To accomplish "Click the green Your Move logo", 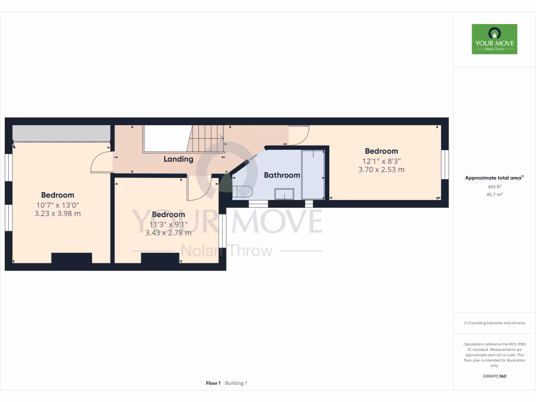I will tap(494, 39).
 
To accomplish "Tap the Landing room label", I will tap(178, 159).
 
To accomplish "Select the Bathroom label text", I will tap(282, 175).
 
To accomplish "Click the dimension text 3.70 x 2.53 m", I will tap(381, 170).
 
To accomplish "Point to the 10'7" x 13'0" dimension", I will tap(58, 205).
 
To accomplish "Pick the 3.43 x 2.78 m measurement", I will tap(168, 232).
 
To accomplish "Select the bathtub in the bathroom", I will tap(313, 174).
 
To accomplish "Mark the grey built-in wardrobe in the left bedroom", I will tap(61, 133).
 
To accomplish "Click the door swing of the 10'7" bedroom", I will tap(101, 163).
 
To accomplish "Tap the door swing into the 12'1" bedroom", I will tap(298, 136).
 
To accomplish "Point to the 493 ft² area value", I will tap(494, 187).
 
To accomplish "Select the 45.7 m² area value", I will tap(494, 194).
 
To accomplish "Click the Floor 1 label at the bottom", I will tap(213, 383).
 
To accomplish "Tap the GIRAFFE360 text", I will tap(494, 376).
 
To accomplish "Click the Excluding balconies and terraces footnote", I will tap(494, 323).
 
